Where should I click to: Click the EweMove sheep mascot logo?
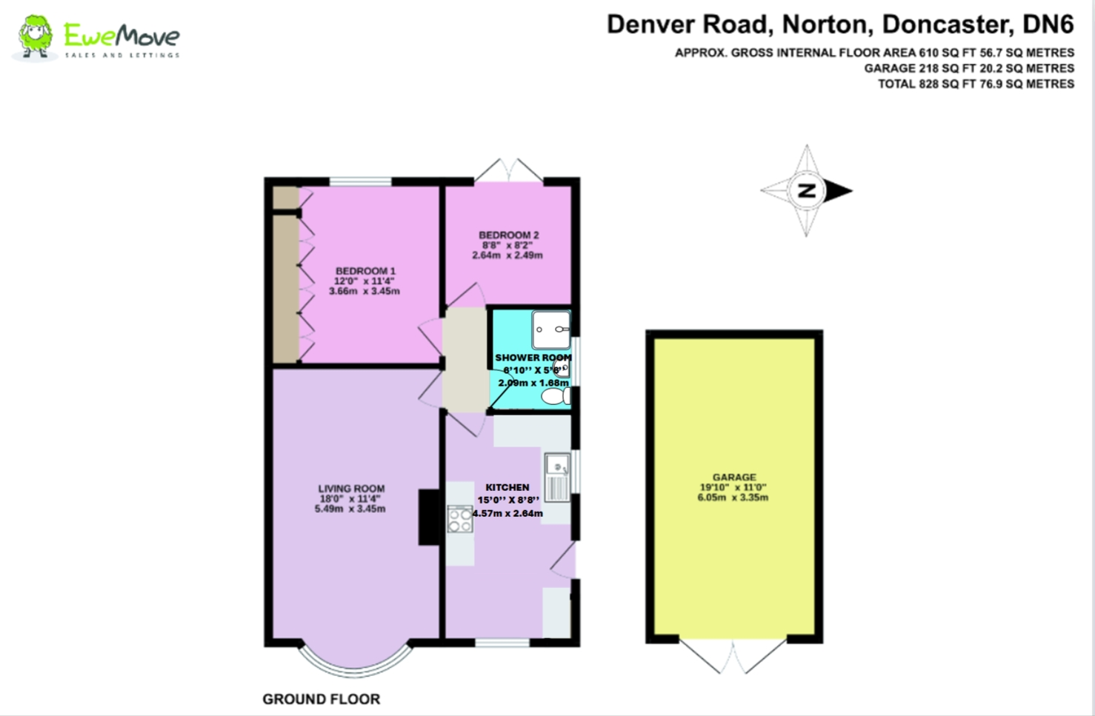pyautogui.click(x=34, y=37)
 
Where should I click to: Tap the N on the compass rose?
pyautogui.click(x=807, y=190)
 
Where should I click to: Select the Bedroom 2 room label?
pyautogui.click(x=508, y=235)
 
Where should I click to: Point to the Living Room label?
pyautogui.click(x=351, y=489)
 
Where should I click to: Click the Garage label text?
pyautogui.click(x=734, y=478)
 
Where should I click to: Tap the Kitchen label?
pyautogui.click(x=507, y=487)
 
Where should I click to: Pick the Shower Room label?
pyautogui.click(x=533, y=358)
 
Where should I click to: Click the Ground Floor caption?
pyautogui.click(x=321, y=699)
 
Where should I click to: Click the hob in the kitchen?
pyautogui.click(x=460, y=519)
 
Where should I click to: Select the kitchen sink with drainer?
pyautogui.click(x=557, y=477)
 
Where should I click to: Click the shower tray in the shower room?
pyautogui.click(x=551, y=329)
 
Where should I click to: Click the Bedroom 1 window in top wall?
pyautogui.click(x=361, y=181)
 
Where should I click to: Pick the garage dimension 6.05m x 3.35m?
pyautogui.click(x=733, y=498)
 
